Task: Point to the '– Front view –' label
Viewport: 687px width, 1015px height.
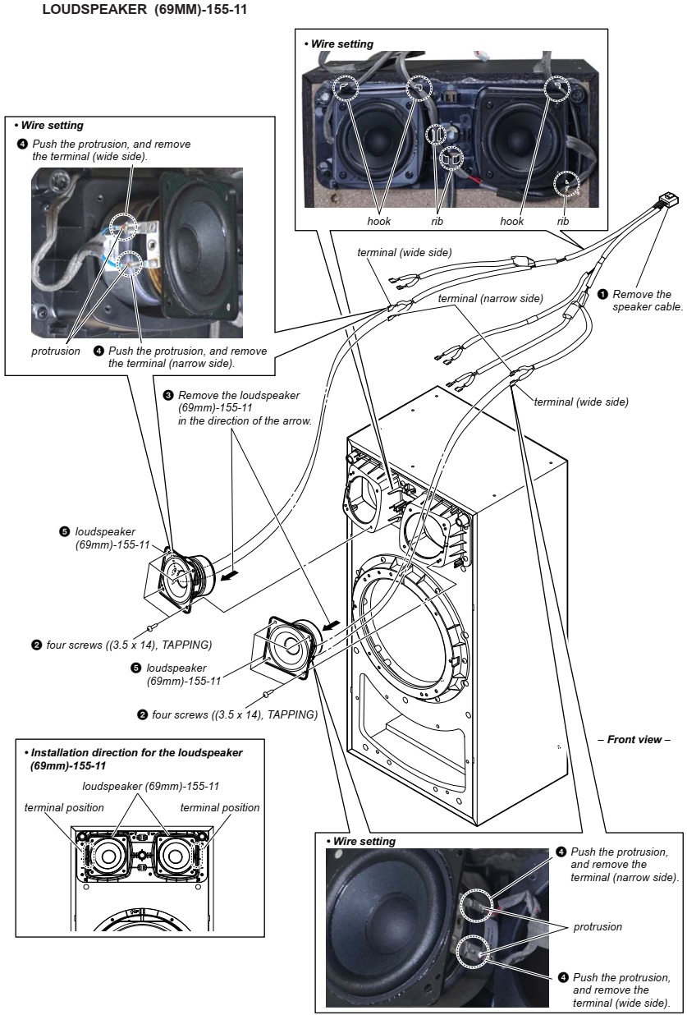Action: coord(639,740)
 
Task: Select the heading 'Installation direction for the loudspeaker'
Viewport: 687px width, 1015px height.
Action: coord(136,752)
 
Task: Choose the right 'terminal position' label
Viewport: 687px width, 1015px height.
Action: coord(220,807)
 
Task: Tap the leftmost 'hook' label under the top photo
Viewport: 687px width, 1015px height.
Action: coord(379,221)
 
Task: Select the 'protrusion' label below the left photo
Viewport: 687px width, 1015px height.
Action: coord(54,351)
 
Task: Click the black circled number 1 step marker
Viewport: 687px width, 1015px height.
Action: coord(603,293)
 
